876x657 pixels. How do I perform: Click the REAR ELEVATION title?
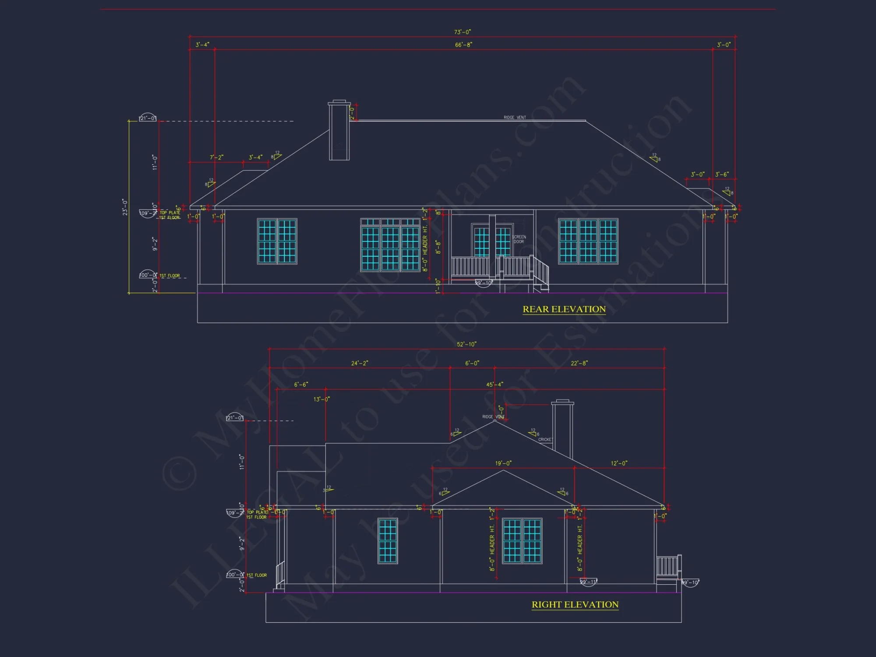564,309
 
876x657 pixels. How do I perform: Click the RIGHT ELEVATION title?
575,604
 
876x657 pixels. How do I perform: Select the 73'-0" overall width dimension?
462,32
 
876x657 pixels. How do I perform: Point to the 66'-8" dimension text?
463,45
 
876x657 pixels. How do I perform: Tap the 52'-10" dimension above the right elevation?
466,344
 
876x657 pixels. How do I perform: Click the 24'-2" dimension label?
360,363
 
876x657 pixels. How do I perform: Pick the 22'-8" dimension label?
579,363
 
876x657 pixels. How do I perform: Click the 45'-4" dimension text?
495,385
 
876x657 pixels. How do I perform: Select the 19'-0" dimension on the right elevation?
503,463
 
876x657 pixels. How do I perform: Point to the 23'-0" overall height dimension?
125,207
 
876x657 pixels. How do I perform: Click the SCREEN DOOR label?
519,239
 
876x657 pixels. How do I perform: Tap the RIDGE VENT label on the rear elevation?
515,117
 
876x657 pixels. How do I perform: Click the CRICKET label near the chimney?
545,439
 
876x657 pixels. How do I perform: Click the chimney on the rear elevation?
339,131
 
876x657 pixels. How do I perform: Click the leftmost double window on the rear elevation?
277,241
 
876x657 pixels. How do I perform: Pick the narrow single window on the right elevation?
388,540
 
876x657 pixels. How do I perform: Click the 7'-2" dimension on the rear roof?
216,157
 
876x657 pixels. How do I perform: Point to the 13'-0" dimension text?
321,399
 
